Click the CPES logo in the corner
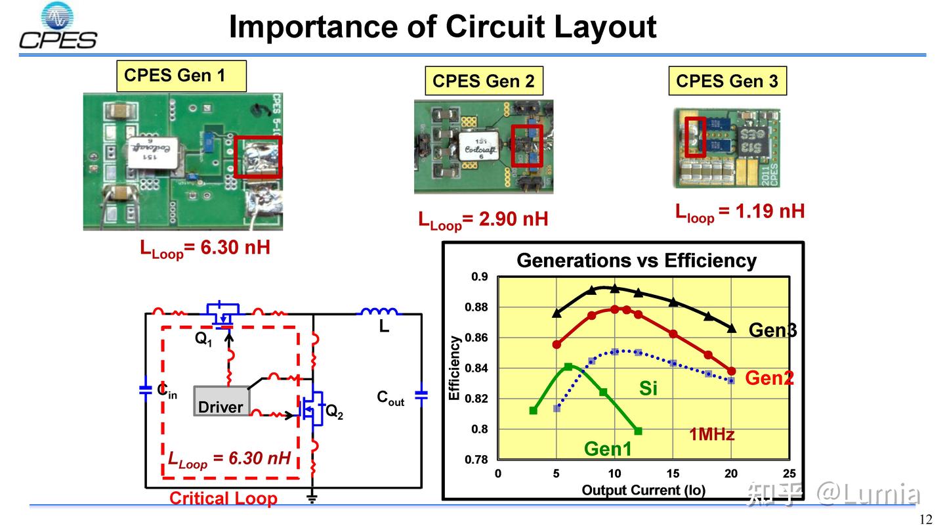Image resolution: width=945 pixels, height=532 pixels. tap(58, 28)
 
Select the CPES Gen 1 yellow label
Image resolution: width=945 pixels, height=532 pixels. tap(180, 76)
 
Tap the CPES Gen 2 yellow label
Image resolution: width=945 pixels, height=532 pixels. tap(484, 81)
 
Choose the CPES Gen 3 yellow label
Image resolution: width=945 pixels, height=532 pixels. tap(726, 81)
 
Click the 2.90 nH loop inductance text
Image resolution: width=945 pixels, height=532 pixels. tap(483, 219)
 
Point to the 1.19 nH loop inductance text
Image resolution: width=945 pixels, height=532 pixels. tap(740, 211)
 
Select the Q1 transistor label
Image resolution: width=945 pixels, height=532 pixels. tap(203, 339)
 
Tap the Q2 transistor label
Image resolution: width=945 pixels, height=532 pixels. tap(335, 412)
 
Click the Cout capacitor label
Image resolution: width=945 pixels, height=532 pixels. tap(390, 398)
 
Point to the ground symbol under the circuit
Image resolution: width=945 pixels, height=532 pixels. tap(312, 497)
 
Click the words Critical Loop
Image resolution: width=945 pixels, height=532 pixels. tap(223, 499)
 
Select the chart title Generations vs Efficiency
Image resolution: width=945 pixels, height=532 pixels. tap(637, 261)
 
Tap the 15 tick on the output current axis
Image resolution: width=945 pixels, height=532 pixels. tap(673, 474)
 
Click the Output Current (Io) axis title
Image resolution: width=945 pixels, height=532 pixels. tap(643, 491)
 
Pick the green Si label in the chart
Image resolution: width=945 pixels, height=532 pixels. tap(648, 389)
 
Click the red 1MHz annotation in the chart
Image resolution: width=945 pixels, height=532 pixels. tap(711, 434)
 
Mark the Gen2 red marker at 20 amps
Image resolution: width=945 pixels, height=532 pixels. tap(732, 371)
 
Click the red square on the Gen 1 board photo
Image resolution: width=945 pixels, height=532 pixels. tap(258, 157)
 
